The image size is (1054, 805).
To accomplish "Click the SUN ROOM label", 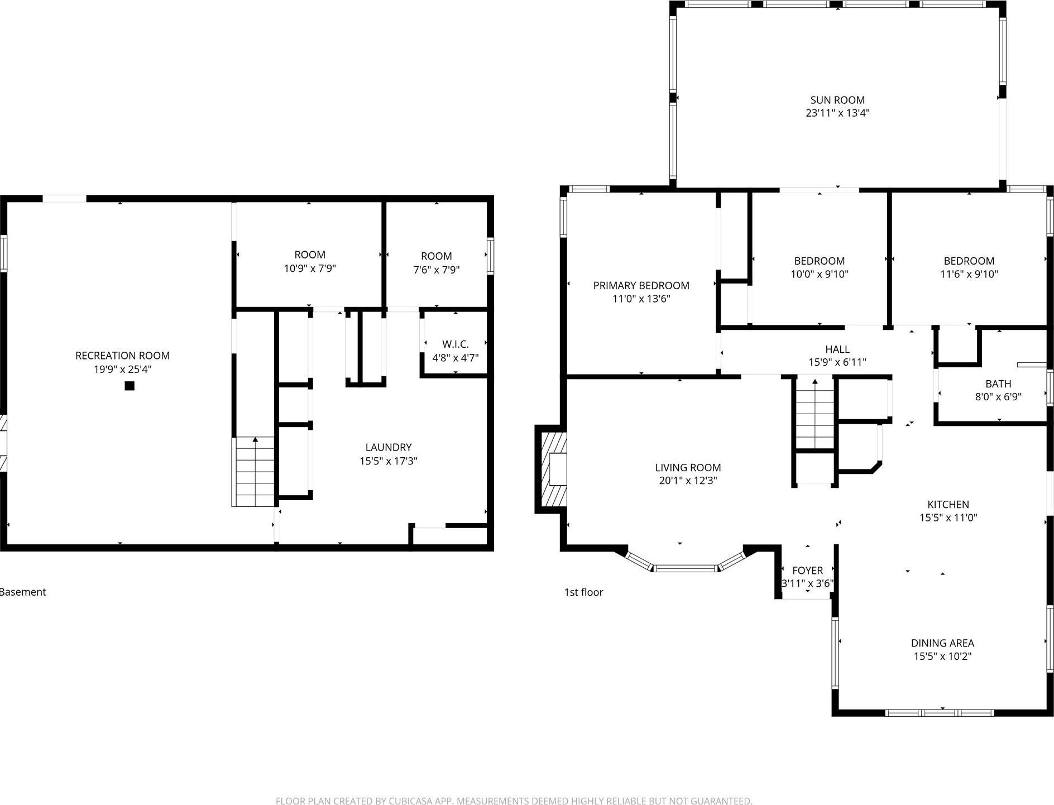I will coord(837,100).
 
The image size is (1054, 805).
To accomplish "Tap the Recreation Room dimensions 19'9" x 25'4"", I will coord(122,369).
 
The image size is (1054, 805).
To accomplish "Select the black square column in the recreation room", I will coord(130,385).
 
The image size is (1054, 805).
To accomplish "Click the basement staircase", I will coord(253,471).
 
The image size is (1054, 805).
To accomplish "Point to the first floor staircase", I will coord(815,413).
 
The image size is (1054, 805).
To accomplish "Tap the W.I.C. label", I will coord(455,344).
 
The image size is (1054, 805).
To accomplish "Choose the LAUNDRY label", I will coord(388,447).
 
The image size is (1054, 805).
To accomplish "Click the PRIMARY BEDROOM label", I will coord(641,285).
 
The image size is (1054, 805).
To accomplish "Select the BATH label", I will coord(998,384).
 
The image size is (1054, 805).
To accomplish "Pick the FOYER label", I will coord(807,570).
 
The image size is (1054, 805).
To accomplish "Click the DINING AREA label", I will coord(942,643).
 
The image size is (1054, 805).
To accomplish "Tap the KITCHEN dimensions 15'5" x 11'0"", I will coord(948,517).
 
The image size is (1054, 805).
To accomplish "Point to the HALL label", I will coord(837,349).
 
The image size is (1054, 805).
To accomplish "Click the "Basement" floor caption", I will coord(23,592).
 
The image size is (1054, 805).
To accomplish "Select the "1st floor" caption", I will coord(583,592).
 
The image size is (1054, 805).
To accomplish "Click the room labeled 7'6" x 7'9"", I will coord(436,262).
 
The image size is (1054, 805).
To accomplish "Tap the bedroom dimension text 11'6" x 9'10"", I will coord(969,274).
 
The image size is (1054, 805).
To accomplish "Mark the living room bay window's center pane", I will coord(684,568).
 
